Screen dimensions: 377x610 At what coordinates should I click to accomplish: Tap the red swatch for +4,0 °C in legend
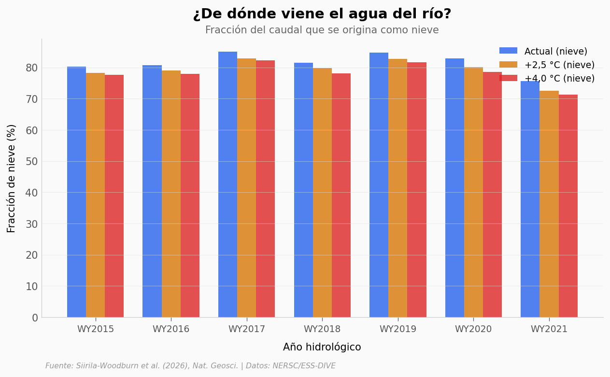[x=508, y=78]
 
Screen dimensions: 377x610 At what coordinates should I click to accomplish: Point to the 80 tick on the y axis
[x=32, y=68]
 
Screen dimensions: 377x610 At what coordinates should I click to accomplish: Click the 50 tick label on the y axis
[x=32, y=162]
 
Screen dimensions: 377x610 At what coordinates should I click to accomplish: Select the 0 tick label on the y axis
[x=35, y=318]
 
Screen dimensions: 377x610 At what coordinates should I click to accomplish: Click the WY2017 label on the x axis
[x=247, y=329]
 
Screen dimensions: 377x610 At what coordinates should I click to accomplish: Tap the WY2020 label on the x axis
[x=473, y=329]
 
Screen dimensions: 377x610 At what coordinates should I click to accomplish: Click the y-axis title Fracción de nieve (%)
[x=12, y=178]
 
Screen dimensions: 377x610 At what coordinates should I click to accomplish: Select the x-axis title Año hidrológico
[x=322, y=347]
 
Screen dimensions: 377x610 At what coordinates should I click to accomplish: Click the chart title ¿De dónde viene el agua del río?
[x=322, y=14]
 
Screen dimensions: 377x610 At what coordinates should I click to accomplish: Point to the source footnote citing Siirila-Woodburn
[x=190, y=366]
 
